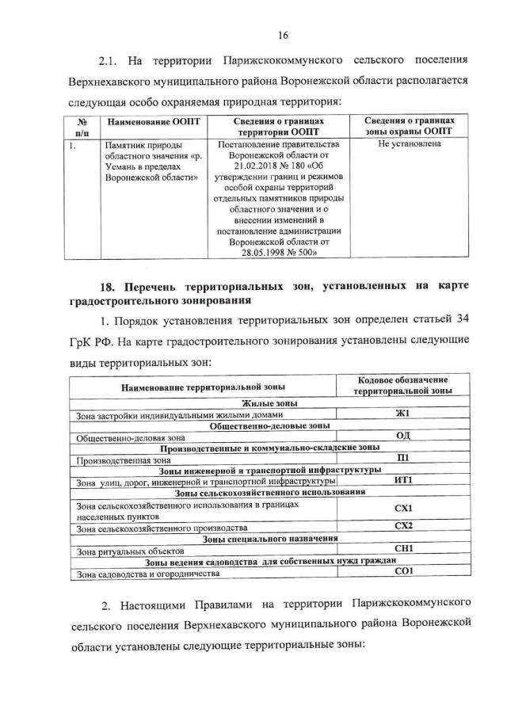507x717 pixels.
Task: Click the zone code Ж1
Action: click(x=402, y=414)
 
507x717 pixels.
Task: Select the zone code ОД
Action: click(x=402, y=436)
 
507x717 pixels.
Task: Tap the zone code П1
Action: click(x=402, y=458)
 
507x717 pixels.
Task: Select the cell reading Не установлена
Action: click(x=409, y=145)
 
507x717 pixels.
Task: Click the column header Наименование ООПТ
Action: click(x=154, y=121)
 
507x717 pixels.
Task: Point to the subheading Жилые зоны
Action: click(x=203, y=403)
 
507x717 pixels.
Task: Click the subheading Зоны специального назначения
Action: click(x=270, y=538)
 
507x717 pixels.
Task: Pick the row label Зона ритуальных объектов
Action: click(x=130, y=549)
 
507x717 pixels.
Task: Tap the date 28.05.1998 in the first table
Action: click(x=257, y=252)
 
